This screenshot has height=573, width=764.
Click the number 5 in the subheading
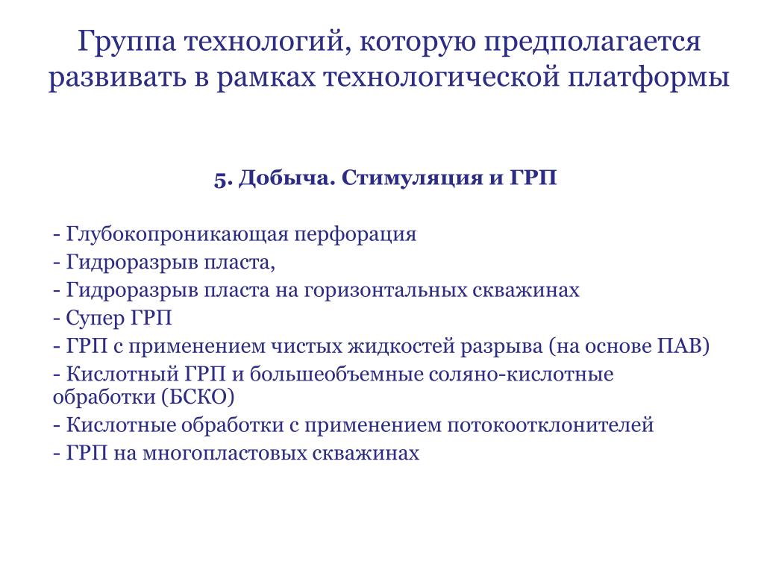[x=220, y=179]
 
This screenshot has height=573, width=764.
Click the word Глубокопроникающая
[x=178, y=235]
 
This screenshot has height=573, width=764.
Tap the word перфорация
[x=355, y=235]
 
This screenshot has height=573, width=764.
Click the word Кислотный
[x=122, y=375]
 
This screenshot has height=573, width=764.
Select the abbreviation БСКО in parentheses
[x=198, y=398]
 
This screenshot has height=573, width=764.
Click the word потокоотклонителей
[x=550, y=425]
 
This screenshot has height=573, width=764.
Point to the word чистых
[x=306, y=346]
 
